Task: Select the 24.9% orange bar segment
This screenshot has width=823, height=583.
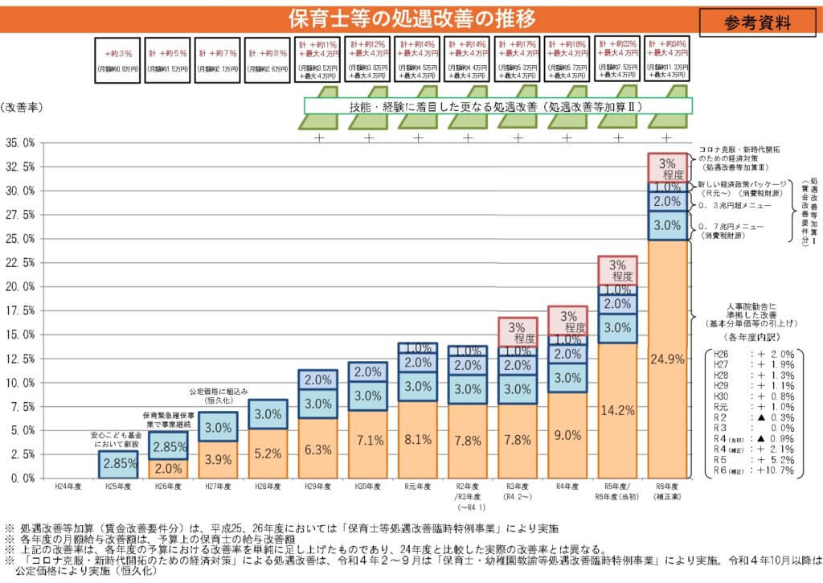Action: [x=668, y=359]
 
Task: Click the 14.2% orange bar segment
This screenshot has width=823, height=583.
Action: [x=617, y=410]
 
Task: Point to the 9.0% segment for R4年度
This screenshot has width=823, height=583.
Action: [x=567, y=435]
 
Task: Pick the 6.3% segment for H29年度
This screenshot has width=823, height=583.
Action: [x=318, y=449]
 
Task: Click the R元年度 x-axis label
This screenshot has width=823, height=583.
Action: [x=418, y=487]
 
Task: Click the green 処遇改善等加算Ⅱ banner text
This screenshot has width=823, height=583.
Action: [x=498, y=105]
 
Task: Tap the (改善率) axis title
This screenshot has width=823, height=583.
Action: [x=22, y=106]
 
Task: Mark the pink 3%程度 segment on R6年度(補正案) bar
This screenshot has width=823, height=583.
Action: [x=668, y=168]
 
